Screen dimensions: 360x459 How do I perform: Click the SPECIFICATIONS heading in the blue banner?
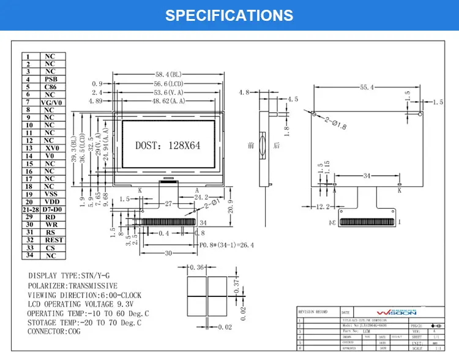click(x=229, y=15)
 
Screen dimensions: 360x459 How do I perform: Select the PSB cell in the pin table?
click(x=50, y=80)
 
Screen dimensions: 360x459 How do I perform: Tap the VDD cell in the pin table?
click(x=50, y=201)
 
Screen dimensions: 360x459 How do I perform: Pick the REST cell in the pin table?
click(x=50, y=240)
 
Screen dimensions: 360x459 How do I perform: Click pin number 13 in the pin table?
click(x=29, y=148)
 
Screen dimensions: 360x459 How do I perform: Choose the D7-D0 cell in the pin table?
click(x=50, y=209)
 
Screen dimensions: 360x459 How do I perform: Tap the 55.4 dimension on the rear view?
click(x=367, y=88)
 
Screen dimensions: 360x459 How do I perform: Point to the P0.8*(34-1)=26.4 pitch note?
click(x=227, y=245)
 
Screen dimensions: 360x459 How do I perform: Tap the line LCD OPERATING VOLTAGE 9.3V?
click(x=81, y=304)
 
